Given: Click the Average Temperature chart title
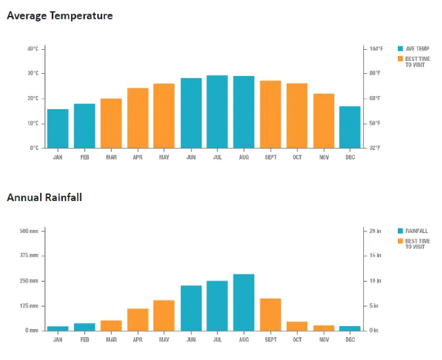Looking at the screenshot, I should (x=59, y=15).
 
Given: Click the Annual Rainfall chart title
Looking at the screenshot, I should (x=44, y=198).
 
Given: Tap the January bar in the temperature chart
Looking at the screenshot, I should (x=58, y=129).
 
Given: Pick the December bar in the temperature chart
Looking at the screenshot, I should (x=349, y=127).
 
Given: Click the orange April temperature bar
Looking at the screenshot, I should (x=137, y=117).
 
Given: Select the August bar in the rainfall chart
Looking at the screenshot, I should (x=243, y=302).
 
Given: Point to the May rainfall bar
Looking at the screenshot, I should (x=164, y=315).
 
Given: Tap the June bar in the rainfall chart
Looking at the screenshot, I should (x=191, y=307).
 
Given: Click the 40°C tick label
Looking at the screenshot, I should (x=33, y=48).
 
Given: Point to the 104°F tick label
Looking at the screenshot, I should (x=376, y=48).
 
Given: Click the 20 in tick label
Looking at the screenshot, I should (x=374, y=231).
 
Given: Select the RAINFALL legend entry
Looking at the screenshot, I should (x=416, y=231).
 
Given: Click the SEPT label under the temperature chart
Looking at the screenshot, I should (x=270, y=157).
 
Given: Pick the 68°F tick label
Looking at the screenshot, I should (x=374, y=98).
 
